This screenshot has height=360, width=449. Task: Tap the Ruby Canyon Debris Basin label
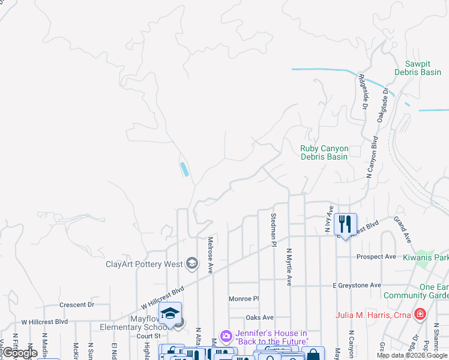[x=324, y=152]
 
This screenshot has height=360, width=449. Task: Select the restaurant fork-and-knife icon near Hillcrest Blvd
[x=345, y=224]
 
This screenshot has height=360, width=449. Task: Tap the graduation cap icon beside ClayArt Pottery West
[x=191, y=263]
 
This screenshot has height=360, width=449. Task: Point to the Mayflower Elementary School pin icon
[x=170, y=313]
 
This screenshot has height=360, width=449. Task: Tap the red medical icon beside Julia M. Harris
[x=420, y=314]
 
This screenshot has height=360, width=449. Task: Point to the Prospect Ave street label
[x=376, y=257]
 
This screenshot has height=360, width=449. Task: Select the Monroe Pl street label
[x=243, y=298]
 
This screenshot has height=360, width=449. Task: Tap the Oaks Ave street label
[x=259, y=317]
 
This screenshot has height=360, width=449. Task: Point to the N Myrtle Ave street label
[x=289, y=267]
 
